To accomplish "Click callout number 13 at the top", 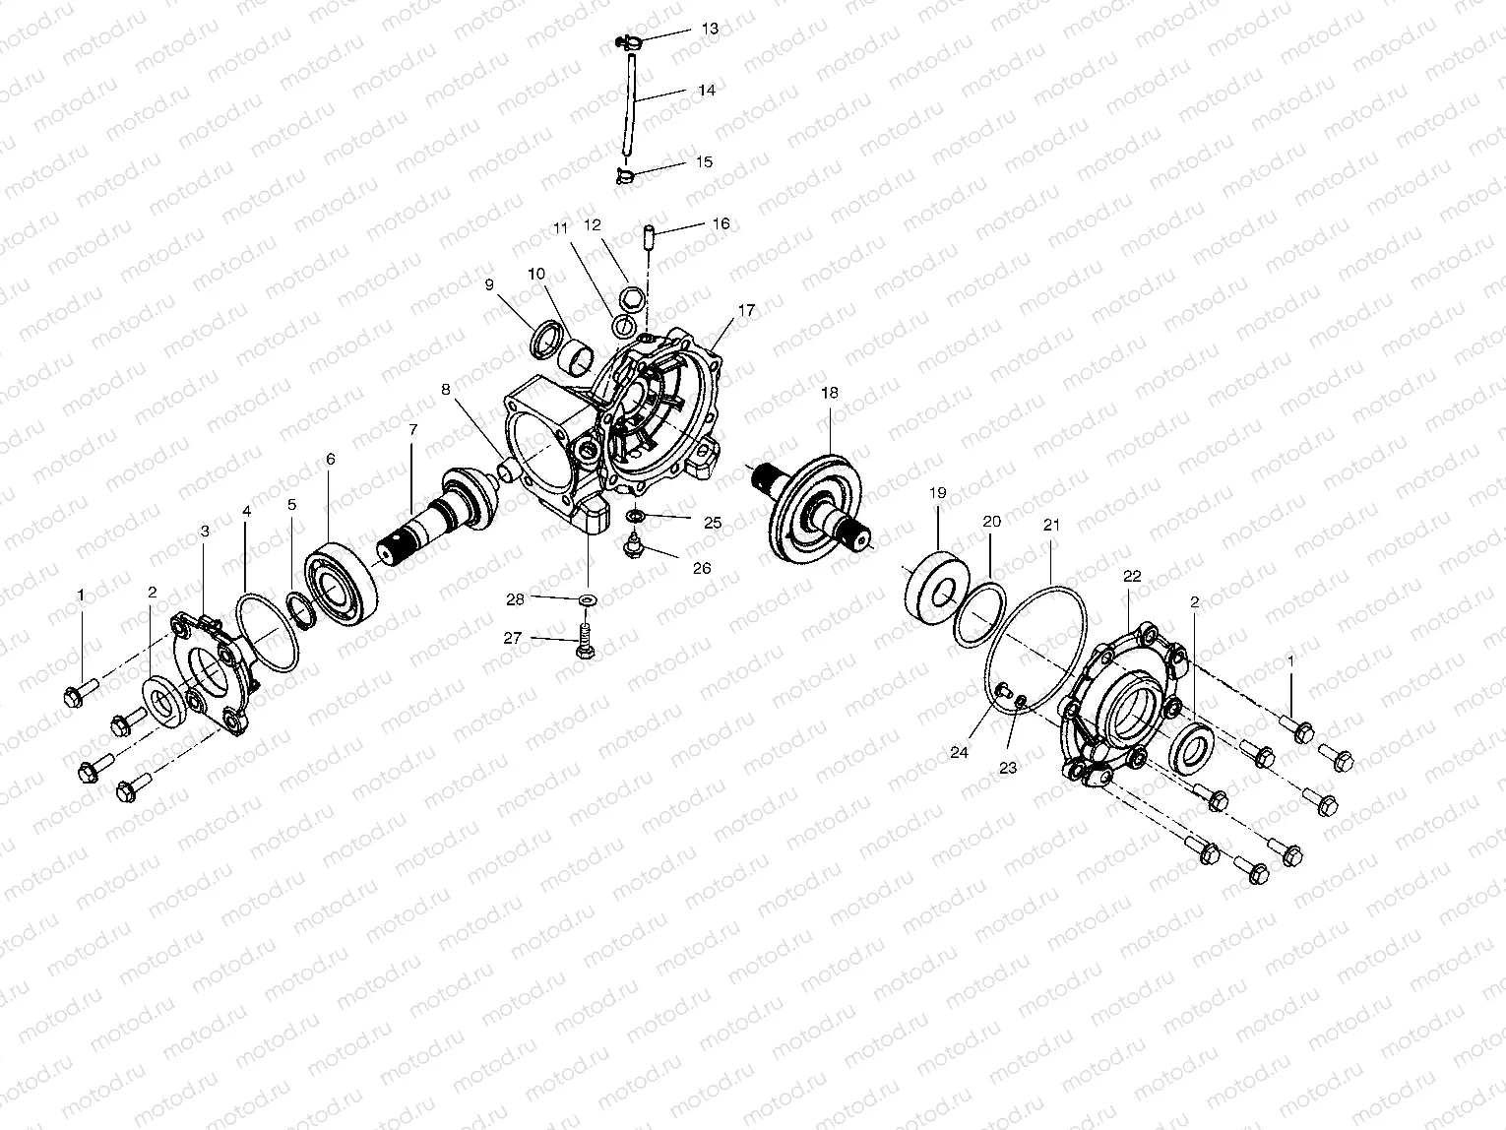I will click(x=709, y=29).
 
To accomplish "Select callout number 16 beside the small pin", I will click(x=721, y=223).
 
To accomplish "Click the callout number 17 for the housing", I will click(x=745, y=310).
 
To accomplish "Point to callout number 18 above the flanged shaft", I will click(x=829, y=392).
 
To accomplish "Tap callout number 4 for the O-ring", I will click(x=246, y=511).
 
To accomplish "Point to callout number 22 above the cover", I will click(x=1132, y=576).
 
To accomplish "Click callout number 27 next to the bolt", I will click(x=512, y=638).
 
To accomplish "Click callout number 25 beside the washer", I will click(x=713, y=523).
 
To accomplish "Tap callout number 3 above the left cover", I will click(x=205, y=531).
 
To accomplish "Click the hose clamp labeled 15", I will click(x=623, y=176).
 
